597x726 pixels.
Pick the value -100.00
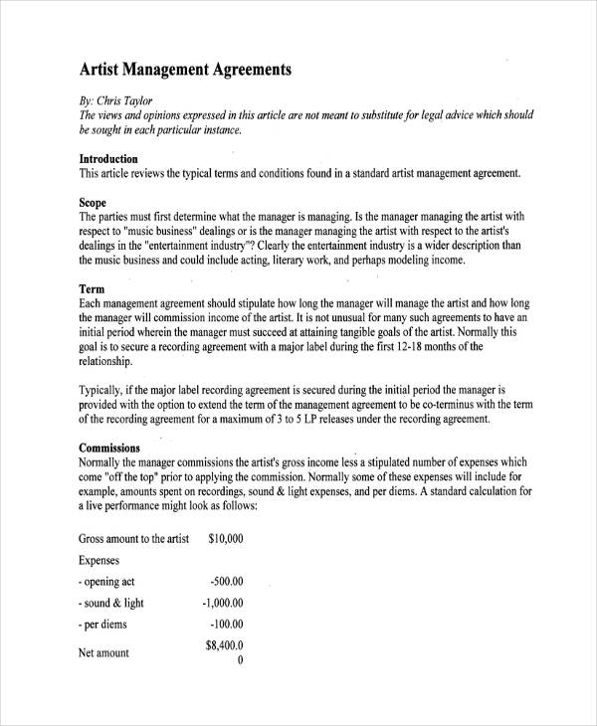[x=227, y=625]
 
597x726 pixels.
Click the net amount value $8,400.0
[x=225, y=646]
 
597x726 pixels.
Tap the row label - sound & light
[x=111, y=604]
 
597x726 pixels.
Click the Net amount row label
[x=103, y=653]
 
